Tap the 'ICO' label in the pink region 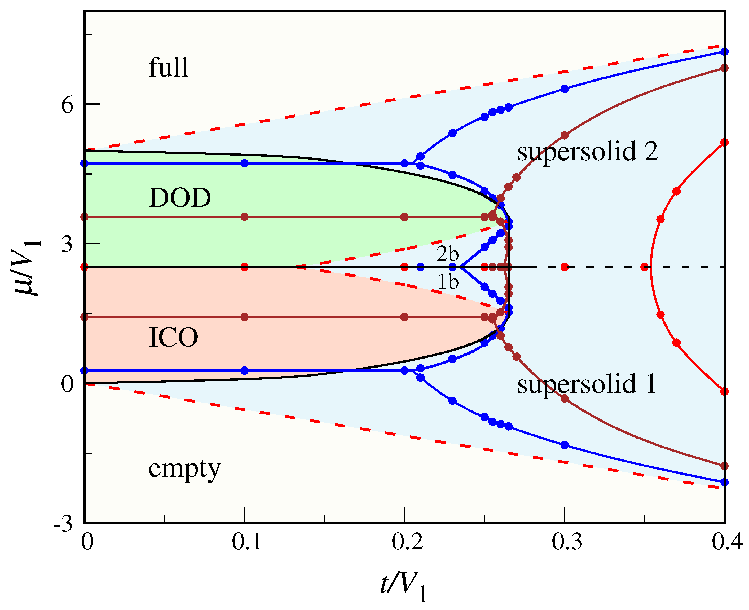(173, 337)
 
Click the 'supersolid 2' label (587, 152)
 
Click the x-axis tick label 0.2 (407, 542)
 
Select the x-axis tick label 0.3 (567, 542)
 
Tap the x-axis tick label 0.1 (247, 542)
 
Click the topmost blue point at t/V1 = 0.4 (724, 52)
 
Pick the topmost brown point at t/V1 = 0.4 (724, 68)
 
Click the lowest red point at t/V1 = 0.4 (724, 391)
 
